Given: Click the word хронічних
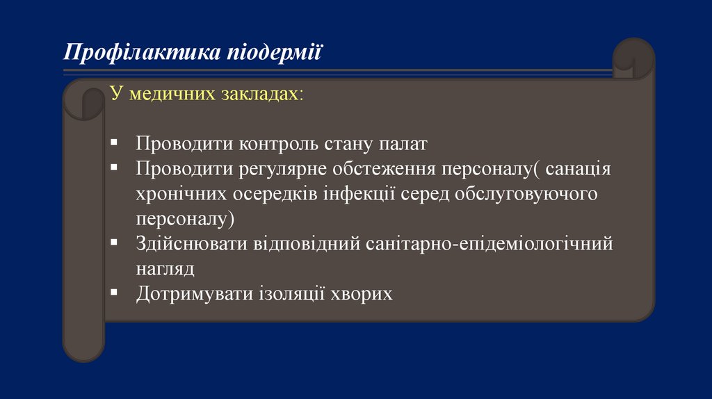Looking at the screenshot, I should click(183, 194).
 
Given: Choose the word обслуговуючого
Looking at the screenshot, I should click(526, 194).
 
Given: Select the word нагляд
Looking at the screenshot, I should click(165, 269).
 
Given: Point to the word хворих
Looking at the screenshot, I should click(362, 293).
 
